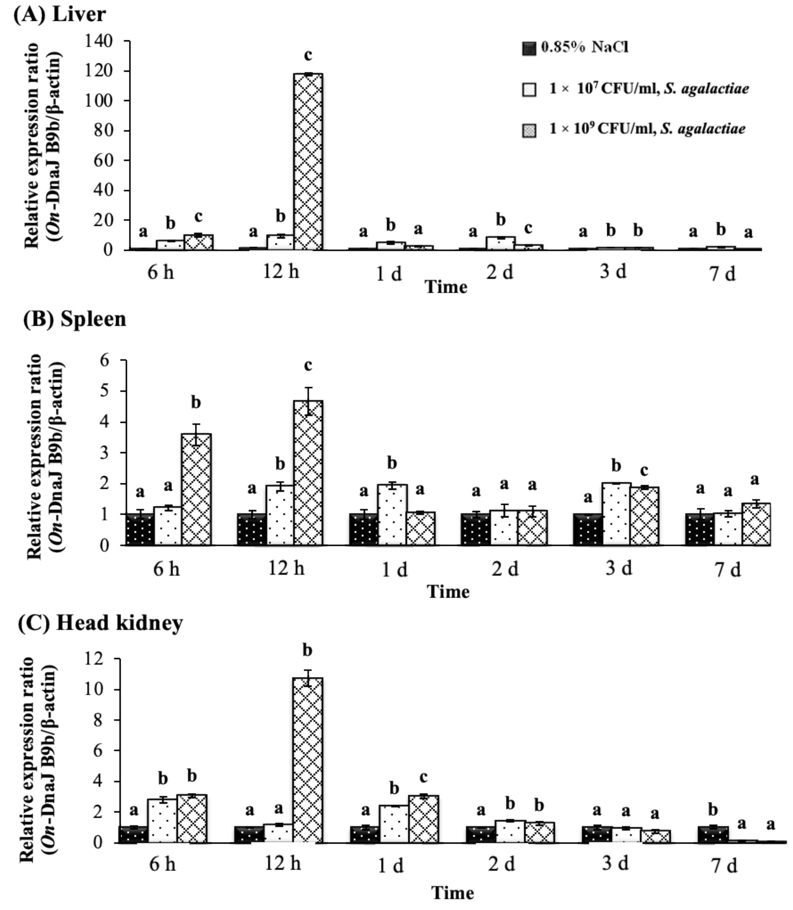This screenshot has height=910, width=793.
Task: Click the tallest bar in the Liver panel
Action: point(308,162)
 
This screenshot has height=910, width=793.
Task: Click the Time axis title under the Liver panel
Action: point(446,287)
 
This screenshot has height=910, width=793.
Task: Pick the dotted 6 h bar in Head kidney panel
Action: point(162,821)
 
